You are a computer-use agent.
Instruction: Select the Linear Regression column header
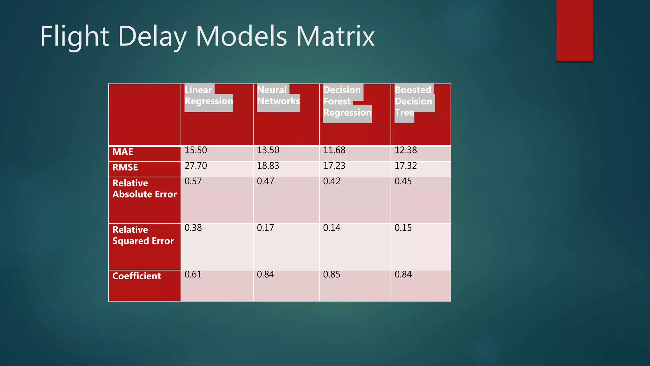coord(209,96)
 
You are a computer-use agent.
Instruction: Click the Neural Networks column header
coord(278,96)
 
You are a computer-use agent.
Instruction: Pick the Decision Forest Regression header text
coord(347,101)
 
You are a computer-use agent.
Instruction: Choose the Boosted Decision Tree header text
coord(413,101)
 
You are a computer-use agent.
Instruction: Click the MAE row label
coord(123,152)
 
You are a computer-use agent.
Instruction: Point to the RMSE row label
coord(125,167)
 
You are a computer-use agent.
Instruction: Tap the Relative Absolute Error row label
coord(144,189)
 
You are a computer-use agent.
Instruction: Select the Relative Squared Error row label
coord(143,235)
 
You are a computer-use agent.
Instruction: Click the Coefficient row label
coord(136,276)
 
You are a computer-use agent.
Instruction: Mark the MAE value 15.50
coord(196,150)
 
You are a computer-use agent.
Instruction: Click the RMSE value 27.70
coord(196,166)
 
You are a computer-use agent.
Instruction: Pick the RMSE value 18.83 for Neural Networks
coord(268,166)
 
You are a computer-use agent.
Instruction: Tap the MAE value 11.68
coord(334,150)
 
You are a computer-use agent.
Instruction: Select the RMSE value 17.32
coord(405,166)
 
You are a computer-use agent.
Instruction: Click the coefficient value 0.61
coord(193,274)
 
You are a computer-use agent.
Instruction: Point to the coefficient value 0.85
coord(331,274)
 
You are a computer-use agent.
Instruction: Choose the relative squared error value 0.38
coord(193,228)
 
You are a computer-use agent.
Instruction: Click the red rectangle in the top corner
coord(574,30)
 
